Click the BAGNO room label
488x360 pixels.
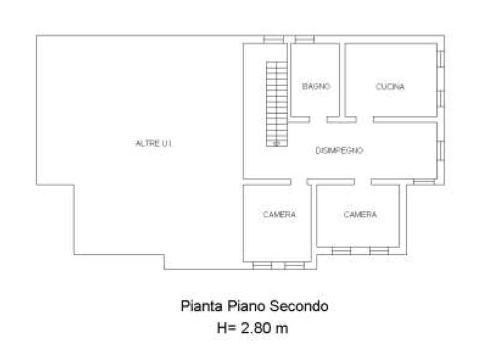pos(316,86)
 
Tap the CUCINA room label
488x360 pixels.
pos(390,86)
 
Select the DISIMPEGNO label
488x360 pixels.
pos(339,150)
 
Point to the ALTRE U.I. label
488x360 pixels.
pos(154,143)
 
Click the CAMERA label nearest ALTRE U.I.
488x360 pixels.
pos(279,214)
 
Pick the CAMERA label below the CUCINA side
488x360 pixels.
pos(360,214)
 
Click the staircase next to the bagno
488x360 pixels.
pos(277,104)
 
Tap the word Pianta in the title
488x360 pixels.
pos(201,306)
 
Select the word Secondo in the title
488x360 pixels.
pos(299,306)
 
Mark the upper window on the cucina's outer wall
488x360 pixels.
pos(441,59)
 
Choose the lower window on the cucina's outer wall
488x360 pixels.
pos(441,98)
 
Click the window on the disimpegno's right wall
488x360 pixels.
pos(441,151)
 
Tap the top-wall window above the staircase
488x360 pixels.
pos(274,39)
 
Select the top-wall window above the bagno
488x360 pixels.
pos(304,39)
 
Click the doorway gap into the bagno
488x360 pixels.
pos(318,119)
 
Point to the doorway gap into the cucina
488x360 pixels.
pos(365,119)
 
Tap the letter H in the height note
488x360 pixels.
pos(222,328)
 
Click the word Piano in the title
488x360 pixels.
pos(246,306)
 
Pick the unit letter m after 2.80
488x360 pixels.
pos(281,329)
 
